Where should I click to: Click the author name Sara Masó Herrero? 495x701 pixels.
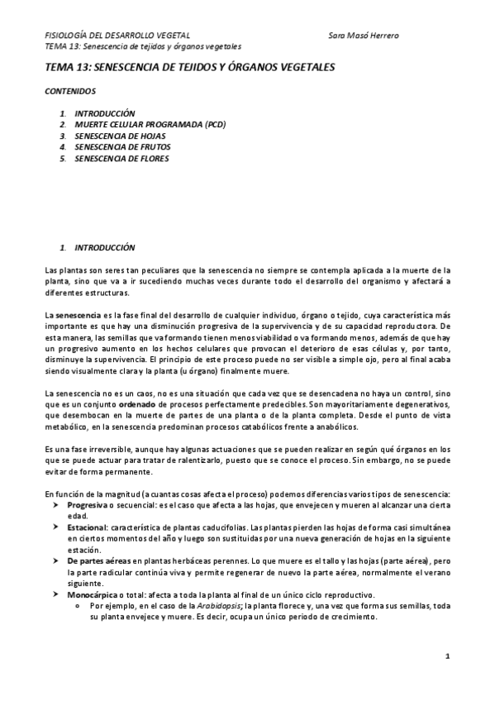(x=363, y=36)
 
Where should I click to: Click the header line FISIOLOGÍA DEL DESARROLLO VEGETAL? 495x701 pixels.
(x=117, y=36)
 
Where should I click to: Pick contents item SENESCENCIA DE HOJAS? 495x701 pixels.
(x=118, y=135)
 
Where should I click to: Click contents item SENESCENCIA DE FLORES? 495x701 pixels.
(x=121, y=158)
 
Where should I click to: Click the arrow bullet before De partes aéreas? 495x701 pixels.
(x=55, y=560)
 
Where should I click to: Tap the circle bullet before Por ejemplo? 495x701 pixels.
(x=75, y=606)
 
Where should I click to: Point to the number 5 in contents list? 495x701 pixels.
(x=62, y=158)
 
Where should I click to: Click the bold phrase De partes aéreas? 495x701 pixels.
(x=98, y=560)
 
